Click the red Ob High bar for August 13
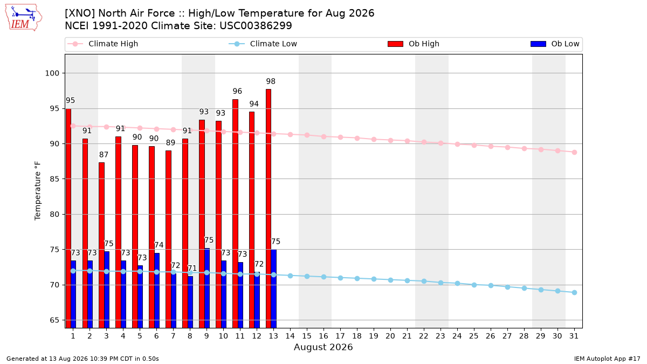click(x=269, y=209)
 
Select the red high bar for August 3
click(x=101, y=245)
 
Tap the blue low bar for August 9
click(x=207, y=289)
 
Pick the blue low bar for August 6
click(x=157, y=291)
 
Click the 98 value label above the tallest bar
click(x=271, y=81)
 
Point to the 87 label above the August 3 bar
click(x=104, y=155)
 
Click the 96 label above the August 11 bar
click(x=237, y=91)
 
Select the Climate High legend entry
click(x=103, y=44)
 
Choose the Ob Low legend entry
click(x=555, y=44)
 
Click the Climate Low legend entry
click(x=263, y=44)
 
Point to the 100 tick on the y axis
click(x=52, y=73)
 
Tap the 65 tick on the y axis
click(x=54, y=320)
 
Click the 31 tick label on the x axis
click(x=574, y=336)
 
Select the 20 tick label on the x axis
click(x=390, y=336)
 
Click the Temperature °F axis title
click(x=38, y=191)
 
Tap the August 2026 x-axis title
click(x=323, y=347)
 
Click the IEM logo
click(x=23, y=18)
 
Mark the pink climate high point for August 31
click(x=574, y=153)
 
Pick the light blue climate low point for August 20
click(x=390, y=280)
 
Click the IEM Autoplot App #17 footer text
click(x=607, y=359)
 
